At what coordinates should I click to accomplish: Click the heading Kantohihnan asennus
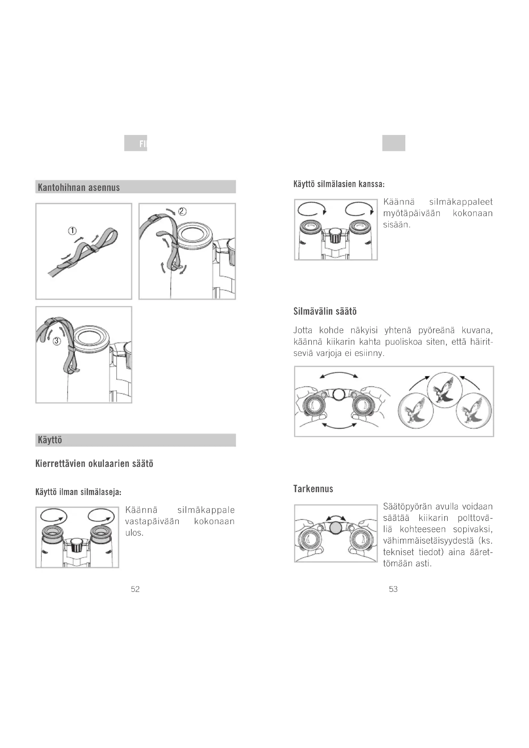coord(79,187)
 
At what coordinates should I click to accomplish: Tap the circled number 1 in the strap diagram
coord(72,231)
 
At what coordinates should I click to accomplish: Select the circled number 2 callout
coord(182,211)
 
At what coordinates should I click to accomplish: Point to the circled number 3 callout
coord(57,341)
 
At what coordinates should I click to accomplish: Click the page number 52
coord(135,589)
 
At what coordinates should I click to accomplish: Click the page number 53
coord(393,589)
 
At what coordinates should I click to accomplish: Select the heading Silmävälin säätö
coord(325,311)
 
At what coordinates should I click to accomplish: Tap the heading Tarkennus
coord(313,489)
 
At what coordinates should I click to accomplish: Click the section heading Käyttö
coord(50,440)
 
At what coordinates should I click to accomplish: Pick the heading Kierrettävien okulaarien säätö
coord(94,464)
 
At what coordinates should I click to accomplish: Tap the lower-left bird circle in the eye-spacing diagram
coord(416,411)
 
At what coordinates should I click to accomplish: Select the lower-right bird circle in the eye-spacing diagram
coord(474,411)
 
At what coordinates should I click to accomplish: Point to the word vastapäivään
coord(153,521)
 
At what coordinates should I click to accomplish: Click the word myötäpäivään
coord(412,213)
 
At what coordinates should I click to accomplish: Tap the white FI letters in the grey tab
coord(143,144)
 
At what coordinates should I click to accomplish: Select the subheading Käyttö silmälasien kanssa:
coord(339,184)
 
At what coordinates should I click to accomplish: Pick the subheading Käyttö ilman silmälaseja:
coord(78,492)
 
